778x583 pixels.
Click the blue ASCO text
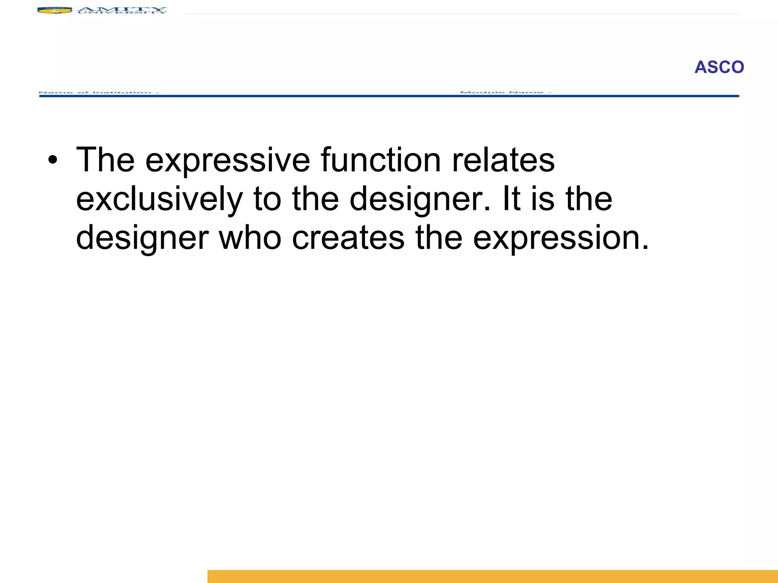coord(719,67)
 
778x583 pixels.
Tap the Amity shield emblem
coord(54,10)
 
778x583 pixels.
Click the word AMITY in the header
coord(122,8)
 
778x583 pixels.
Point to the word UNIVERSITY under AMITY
coord(122,13)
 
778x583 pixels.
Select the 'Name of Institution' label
coord(98,92)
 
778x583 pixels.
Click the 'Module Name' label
coord(505,92)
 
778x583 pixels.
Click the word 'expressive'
coord(227,161)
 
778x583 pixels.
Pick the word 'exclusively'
coord(159,200)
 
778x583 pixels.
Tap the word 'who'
coord(250,238)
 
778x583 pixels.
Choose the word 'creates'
coord(348,238)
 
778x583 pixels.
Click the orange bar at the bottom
coord(492,576)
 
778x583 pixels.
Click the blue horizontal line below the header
coord(389,96)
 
